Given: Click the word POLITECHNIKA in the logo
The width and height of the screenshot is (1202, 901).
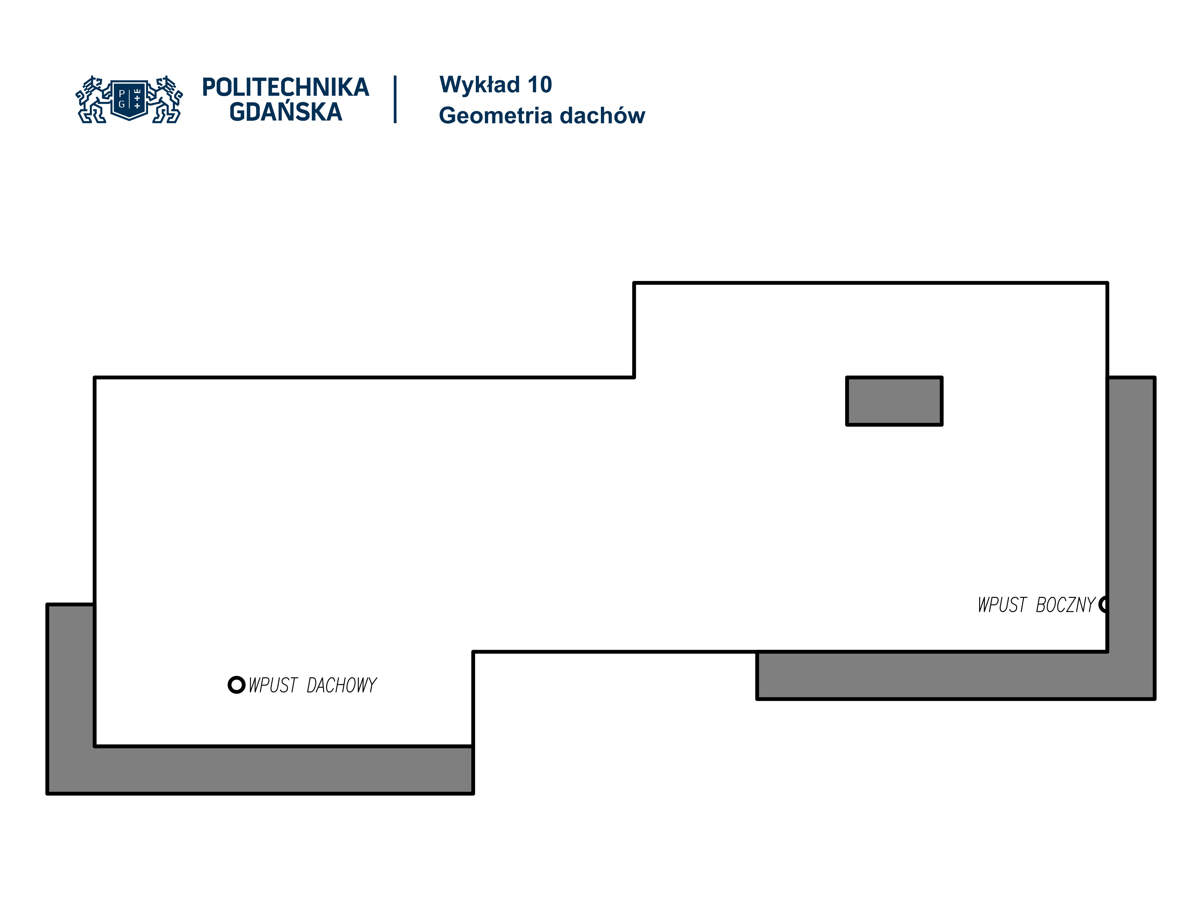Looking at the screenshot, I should pos(285,87).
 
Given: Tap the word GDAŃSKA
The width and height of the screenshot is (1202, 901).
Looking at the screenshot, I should pos(285,112).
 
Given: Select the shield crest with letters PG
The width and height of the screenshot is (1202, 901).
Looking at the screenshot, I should pos(129,99).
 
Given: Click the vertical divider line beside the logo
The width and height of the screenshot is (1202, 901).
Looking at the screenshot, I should pos(395,99).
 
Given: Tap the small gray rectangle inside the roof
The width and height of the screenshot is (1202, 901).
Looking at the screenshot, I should pos(894,401).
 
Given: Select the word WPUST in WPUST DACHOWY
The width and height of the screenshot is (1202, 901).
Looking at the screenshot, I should pos(273,685).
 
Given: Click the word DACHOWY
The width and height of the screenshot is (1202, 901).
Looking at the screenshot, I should pos(341,685).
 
